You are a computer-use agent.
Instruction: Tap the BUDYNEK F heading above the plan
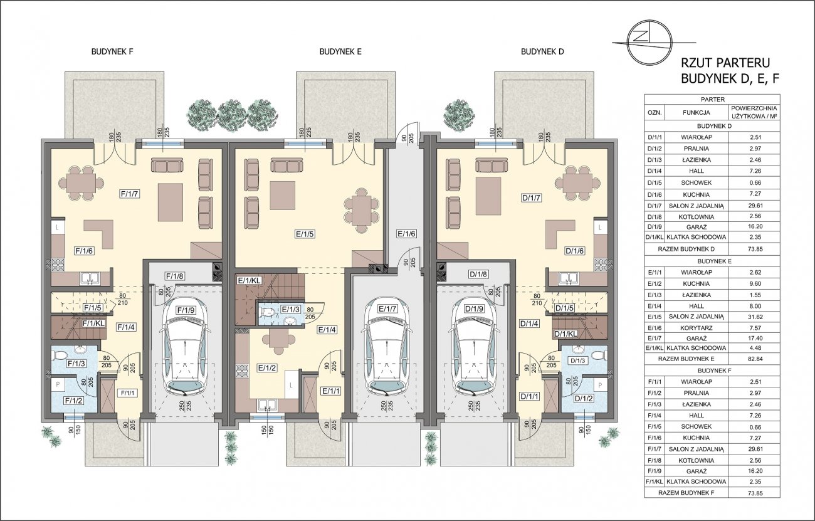click(112, 51)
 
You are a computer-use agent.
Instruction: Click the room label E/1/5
click(304, 234)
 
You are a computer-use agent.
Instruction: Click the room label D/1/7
click(532, 198)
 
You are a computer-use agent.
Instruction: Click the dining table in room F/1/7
click(81, 183)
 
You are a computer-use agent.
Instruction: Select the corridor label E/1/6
click(406, 234)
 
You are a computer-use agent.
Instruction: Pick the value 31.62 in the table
click(755, 317)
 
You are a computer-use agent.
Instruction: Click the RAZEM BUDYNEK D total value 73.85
click(755, 250)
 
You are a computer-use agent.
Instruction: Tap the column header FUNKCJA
click(696, 113)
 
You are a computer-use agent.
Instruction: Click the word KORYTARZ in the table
click(696, 328)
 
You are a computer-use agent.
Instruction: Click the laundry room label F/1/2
click(74, 401)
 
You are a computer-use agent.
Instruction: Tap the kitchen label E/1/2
click(268, 368)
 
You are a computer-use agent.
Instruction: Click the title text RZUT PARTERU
click(725, 63)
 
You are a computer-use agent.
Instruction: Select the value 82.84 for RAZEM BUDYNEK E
click(755, 359)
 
